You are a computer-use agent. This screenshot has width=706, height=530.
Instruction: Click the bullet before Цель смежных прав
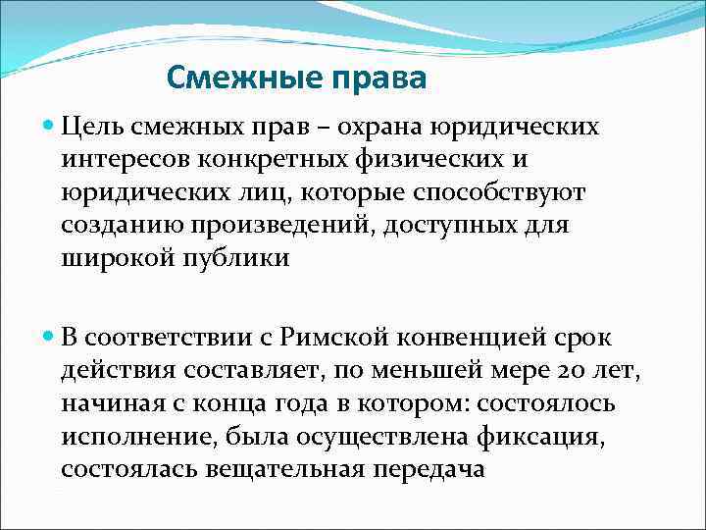(50, 127)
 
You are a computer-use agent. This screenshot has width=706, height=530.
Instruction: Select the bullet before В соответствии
(50, 337)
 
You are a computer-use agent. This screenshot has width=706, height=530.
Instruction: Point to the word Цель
(92, 127)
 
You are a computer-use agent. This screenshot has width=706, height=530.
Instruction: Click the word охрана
(398, 127)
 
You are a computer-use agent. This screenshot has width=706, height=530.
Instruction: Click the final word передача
(429, 469)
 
